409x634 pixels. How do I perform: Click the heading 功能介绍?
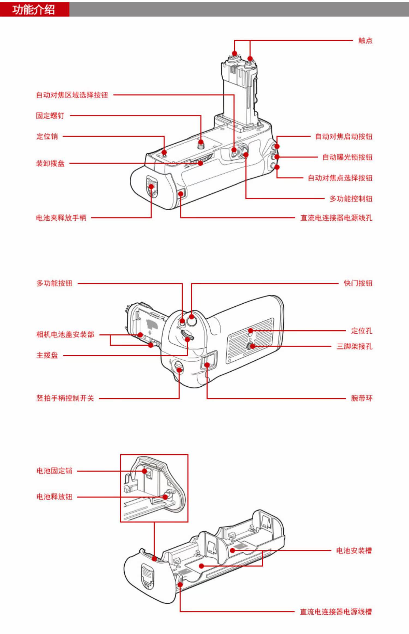point(34,10)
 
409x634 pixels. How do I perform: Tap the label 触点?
point(365,41)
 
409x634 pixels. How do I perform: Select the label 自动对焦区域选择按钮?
point(72,95)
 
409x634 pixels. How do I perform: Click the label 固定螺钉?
point(50,115)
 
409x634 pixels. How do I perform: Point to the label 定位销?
point(47,136)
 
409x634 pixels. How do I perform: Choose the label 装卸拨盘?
point(50,163)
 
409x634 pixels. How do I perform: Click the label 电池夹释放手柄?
point(61,218)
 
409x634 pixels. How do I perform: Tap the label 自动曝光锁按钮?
point(347,157)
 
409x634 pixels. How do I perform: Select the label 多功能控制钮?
point(351,199)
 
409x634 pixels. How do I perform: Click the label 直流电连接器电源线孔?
point(336,218)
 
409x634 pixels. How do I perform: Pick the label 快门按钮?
point(358,283)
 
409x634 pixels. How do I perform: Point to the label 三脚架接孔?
point(354,346)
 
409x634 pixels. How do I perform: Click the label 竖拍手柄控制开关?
point(65,398)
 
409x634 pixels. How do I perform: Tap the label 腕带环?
point(362,398)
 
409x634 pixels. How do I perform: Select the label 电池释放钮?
point(54,496)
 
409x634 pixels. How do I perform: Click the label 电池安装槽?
point(354,550)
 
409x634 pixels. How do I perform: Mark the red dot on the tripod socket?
point(252,346)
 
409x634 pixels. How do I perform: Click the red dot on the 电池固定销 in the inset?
point(145,471)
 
